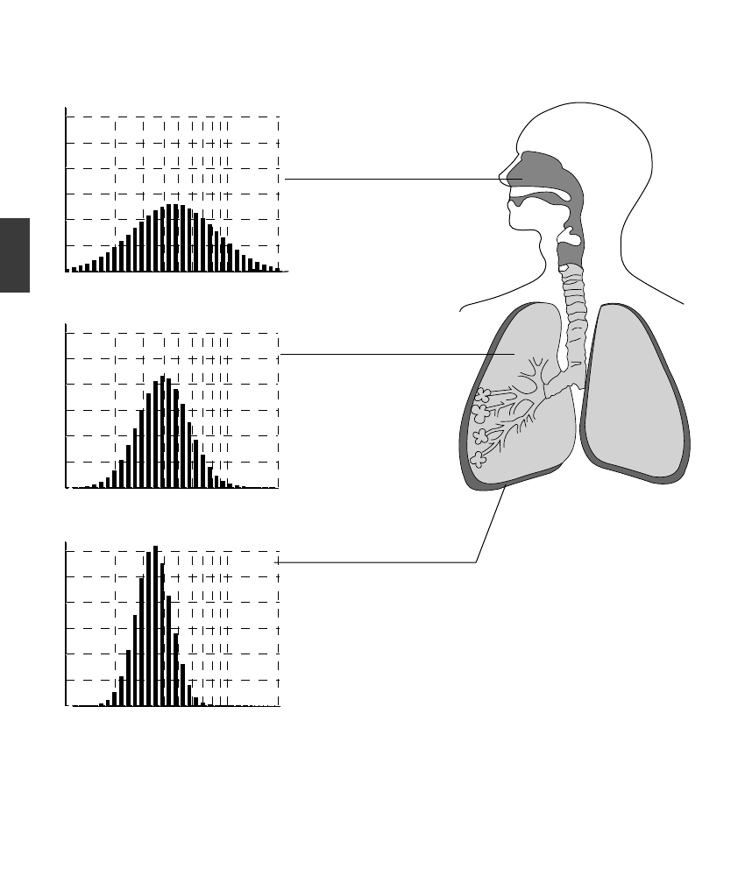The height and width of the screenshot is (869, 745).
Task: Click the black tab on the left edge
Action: click(15, 255)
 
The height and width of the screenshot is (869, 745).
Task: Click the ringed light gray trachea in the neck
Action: click(575, 307)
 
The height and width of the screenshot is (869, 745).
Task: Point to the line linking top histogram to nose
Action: click(394, 179)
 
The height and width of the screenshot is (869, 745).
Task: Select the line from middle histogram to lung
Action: click(394, 354)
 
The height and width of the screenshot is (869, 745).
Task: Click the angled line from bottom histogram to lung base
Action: click(491, 526)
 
